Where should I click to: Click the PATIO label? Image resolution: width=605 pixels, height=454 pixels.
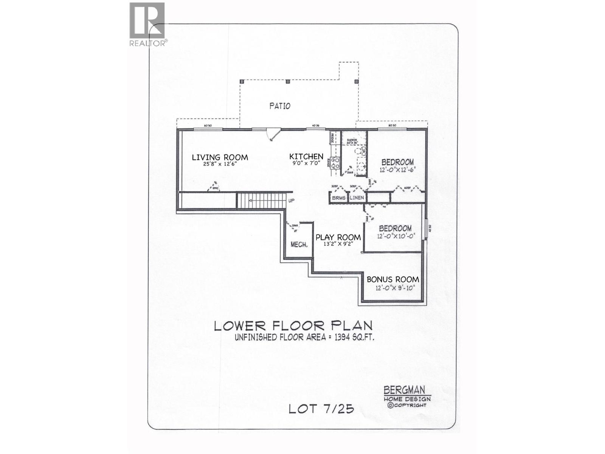coord(280,106)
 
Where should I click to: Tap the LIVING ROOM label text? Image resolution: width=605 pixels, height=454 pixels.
coord(220,157)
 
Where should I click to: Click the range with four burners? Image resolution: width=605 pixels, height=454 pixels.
coord(335,163)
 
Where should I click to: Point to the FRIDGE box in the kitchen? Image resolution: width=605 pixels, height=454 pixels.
coord(332,138)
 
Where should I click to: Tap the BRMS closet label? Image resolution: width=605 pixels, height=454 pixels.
coord(339,198)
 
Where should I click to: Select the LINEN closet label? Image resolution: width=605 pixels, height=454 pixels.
coord(357,198)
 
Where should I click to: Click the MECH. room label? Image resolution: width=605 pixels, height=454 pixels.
coord(299,245)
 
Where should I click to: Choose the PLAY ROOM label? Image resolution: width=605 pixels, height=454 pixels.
coord(338,237)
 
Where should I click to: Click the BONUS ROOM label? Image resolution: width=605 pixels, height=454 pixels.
coord(393,280)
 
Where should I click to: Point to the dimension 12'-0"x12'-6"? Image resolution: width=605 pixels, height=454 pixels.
coord(397,170)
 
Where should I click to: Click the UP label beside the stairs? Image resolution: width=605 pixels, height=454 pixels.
coord(291,201)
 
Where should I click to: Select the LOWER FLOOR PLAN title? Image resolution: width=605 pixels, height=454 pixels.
coord(293,325)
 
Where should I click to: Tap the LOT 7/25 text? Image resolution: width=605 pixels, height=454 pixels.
coord(321,409)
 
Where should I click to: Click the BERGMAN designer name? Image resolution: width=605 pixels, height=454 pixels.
coord(404,390)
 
